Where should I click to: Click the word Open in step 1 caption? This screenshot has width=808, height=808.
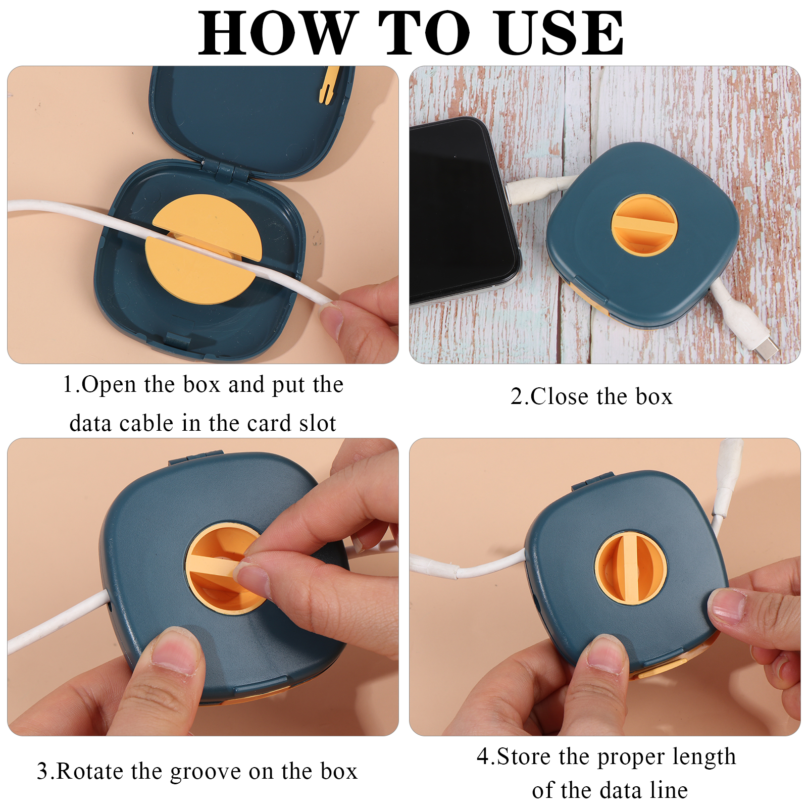(x=109, y=385)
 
